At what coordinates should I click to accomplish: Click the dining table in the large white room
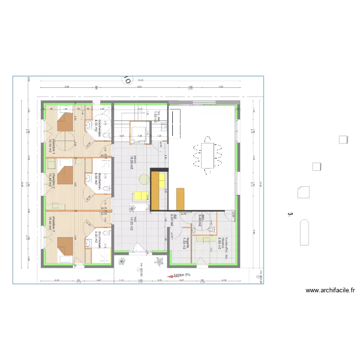coord(207,155)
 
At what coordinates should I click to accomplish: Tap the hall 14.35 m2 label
coord(131,223)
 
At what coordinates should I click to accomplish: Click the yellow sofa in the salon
coord(140,195)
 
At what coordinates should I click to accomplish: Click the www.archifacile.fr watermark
coord(330,290)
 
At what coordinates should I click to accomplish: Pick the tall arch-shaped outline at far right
coord(304,233)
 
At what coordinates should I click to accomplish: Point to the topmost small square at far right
coord(343,140)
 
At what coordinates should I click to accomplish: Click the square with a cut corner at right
coord(303,192)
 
